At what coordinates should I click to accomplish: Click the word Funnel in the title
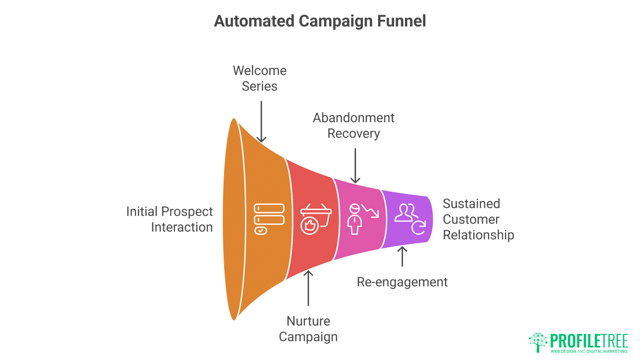401,21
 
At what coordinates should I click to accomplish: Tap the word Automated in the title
254,21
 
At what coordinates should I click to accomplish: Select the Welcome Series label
259,78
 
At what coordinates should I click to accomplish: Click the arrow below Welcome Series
261,122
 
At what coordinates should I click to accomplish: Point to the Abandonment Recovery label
353,126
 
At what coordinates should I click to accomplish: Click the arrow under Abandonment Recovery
355,166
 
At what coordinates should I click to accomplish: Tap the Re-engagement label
402,282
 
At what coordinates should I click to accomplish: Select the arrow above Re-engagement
402,256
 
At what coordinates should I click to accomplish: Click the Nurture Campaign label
308,329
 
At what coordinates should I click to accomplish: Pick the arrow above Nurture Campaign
308,288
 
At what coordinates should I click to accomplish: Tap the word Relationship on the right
478,235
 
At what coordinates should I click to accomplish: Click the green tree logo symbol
538,342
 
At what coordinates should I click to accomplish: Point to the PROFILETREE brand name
589,341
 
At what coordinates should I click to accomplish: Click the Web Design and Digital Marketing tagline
589,351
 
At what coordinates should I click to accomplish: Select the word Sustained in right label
471,204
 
